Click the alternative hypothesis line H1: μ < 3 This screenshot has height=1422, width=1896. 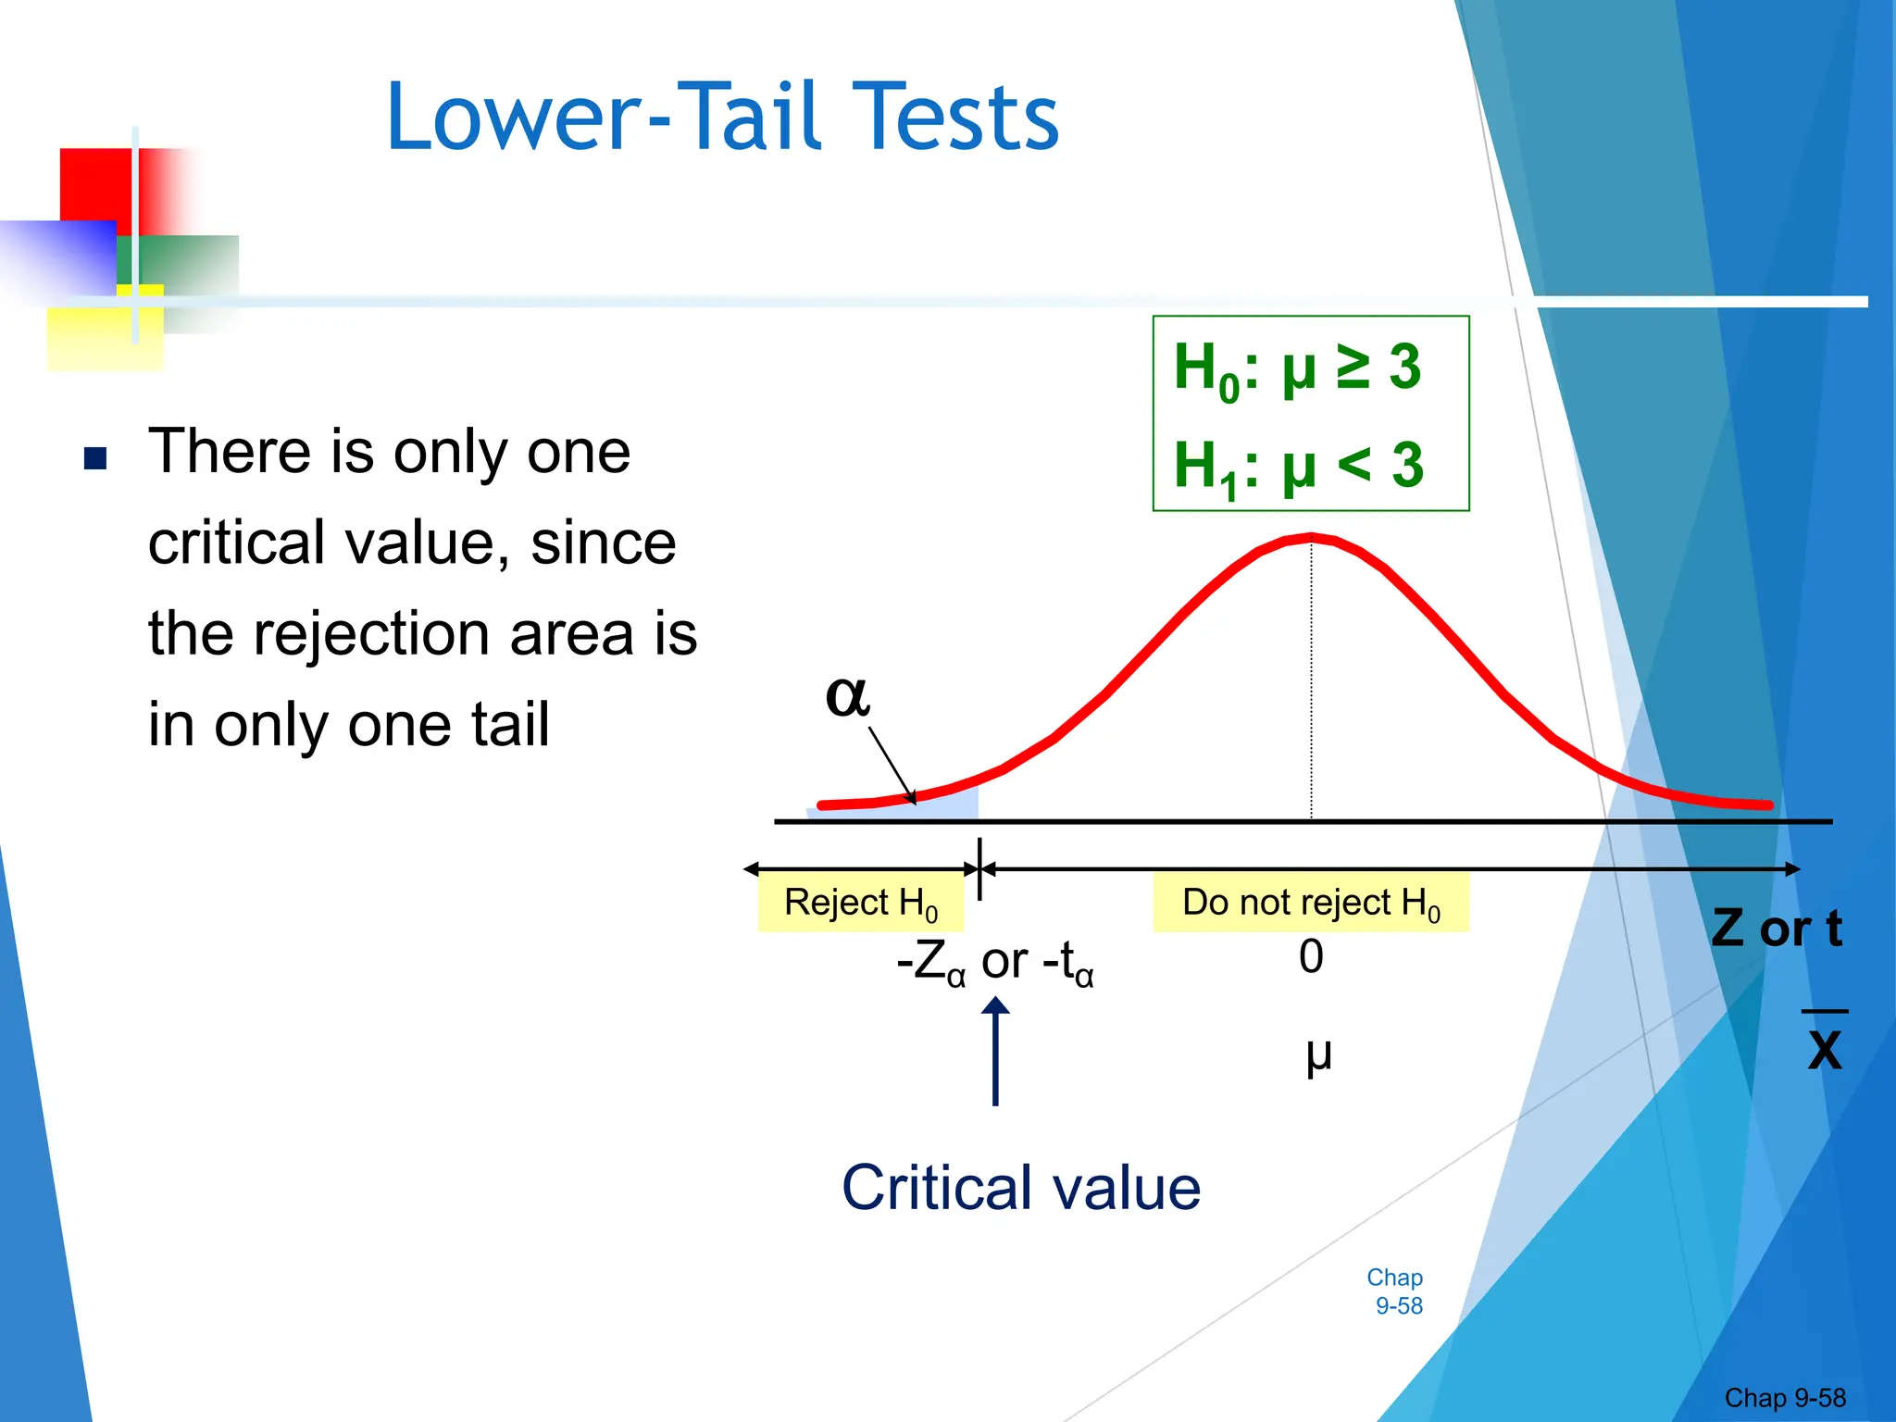coord(1298,466)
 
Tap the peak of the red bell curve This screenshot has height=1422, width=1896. coord(1311,536)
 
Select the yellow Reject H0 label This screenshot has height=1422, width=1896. coord(860,903)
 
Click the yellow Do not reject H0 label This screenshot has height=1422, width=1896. coord(1311,903)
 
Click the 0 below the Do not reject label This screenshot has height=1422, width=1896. coord(1311,956)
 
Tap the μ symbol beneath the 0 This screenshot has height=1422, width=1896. coord(1318,1054)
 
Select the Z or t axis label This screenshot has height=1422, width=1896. coord(1776,929)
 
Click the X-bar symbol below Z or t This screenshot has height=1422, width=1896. coord(1825,1046)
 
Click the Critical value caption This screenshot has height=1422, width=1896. coord(1020,1188)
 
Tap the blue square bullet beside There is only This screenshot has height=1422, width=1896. coord(95,458)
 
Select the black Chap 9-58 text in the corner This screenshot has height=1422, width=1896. coord(1784,1397)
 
